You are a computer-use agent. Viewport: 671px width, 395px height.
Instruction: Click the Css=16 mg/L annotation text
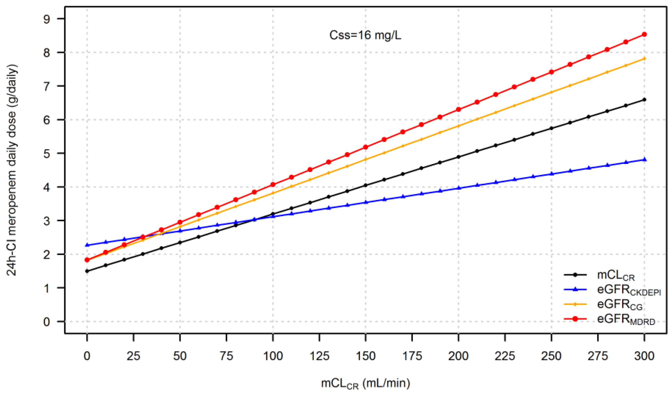click(365, 35)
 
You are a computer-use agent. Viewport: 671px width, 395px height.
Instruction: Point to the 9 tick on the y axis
click(47, 19)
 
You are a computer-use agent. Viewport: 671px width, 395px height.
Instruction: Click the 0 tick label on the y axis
click(47, 322)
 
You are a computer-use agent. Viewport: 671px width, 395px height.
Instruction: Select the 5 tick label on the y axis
click(47, 154)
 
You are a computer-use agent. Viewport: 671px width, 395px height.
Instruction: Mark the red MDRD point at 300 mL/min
click(644, 34)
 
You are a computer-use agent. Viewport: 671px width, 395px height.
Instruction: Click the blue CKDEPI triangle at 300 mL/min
click(644, 159)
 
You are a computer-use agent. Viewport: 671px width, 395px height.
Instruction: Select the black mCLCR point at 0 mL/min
click(87, 271)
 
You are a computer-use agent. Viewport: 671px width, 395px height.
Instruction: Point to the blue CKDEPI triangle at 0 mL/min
click(87, 245)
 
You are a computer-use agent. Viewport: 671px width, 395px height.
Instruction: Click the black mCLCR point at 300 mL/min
click(644, 100)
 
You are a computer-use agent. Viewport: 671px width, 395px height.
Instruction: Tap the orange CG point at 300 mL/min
click(644, 59)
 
